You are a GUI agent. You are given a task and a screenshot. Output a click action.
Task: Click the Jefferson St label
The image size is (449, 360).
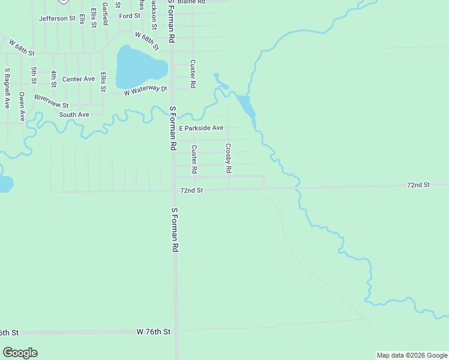tap(57, 19)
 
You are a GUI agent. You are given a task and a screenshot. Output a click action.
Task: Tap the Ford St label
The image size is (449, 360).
tap(129, 16)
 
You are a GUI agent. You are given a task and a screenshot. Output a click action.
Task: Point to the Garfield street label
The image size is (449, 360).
tap(105, 13)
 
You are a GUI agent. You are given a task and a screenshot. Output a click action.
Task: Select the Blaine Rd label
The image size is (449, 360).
tap(191, 2)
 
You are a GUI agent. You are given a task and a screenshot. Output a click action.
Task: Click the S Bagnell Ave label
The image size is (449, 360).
tap(7, 88)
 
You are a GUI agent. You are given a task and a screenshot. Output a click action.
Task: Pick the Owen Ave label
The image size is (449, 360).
tap(22, 106)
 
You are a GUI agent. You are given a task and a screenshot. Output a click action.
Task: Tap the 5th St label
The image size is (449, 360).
tap(34, 75)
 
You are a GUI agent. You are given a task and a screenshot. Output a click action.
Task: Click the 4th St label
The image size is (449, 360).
tap(53, 77)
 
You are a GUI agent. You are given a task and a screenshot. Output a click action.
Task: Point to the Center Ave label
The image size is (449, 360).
tap(79, 79)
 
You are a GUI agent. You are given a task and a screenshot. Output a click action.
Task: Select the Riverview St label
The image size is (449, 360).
tap(52, 101)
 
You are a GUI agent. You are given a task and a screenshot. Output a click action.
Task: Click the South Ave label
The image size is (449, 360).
tap(74, 115)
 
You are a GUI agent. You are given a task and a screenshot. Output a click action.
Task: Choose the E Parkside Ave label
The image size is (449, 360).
tap(200, 128)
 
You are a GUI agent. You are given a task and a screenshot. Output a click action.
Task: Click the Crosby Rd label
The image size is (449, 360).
tap(229, 158)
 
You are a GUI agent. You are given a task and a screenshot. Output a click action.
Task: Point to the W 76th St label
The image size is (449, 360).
tap(154, 332)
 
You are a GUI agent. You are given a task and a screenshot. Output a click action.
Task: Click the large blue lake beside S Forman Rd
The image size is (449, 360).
tap(139, 66)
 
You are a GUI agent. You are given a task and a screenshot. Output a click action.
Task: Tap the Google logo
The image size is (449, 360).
tap(20, 353)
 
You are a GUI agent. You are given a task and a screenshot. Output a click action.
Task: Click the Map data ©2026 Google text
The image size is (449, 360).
tap(412, 355)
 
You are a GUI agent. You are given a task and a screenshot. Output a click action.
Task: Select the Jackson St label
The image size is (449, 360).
tap(155, 13)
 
